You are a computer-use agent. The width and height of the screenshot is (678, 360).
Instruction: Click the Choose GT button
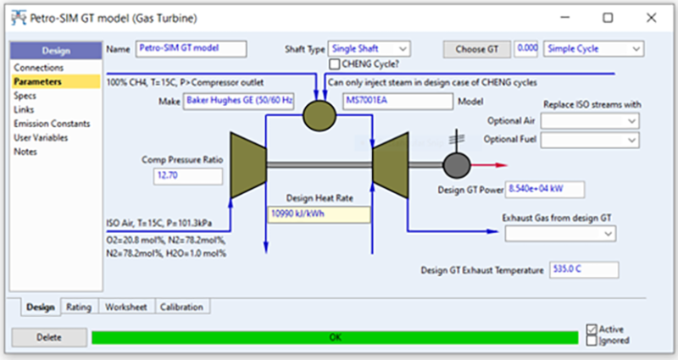point(477,49)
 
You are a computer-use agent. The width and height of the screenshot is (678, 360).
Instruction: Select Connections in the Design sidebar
point(39,68)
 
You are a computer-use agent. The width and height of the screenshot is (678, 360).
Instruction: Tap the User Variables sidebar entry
point(41,137)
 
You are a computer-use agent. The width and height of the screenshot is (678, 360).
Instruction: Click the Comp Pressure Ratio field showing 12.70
point(186,176)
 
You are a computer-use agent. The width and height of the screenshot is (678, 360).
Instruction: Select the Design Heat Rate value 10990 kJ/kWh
point(319,214)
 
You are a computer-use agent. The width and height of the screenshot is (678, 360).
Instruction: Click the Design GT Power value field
point(544,189)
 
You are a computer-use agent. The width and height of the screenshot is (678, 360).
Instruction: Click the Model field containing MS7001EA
point(397,102)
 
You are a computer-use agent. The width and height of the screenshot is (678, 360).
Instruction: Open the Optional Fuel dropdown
point(590,139)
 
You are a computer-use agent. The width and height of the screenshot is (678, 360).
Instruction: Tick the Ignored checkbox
point(592,341)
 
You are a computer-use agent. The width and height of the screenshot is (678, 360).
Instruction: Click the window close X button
point(648,17)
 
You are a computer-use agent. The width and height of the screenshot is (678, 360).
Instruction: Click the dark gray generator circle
point(456,163)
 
